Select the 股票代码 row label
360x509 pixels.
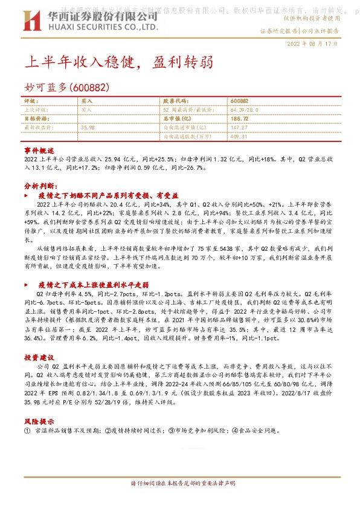pyautogui.click(x=176, y=101)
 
